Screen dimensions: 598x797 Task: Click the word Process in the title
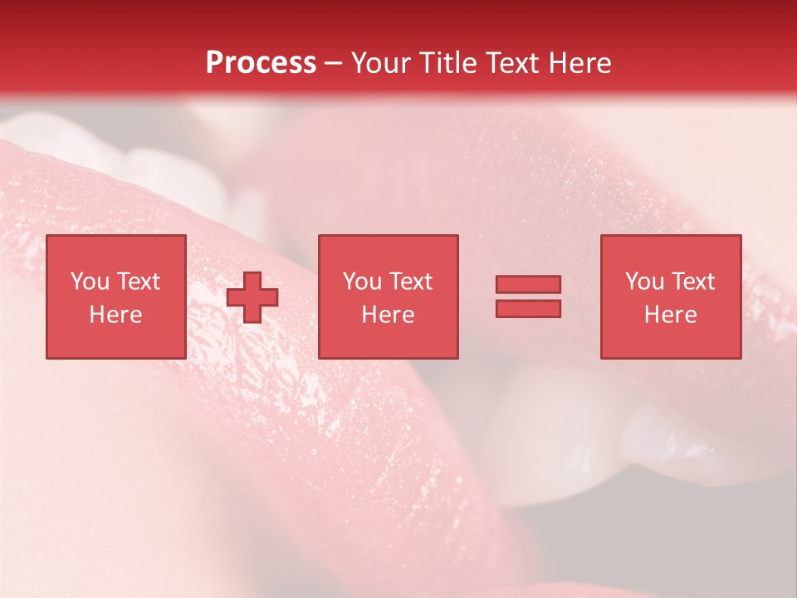tap(261, 63)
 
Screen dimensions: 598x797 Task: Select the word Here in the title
tap(579, 63)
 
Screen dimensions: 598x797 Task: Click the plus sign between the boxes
tap(252, 297)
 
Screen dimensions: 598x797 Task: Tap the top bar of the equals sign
tap(528, 284)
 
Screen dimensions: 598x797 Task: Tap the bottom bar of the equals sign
tap(528, 309)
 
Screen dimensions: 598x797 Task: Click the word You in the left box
tap(90, 282)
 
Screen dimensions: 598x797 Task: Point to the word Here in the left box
tap(115, 315)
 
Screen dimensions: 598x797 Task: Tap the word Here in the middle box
tap(388, 315)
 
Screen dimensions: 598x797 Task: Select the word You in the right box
tap(645, 282)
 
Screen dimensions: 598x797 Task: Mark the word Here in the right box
tap(671, 315)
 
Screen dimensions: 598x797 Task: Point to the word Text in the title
tap(514, 63)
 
